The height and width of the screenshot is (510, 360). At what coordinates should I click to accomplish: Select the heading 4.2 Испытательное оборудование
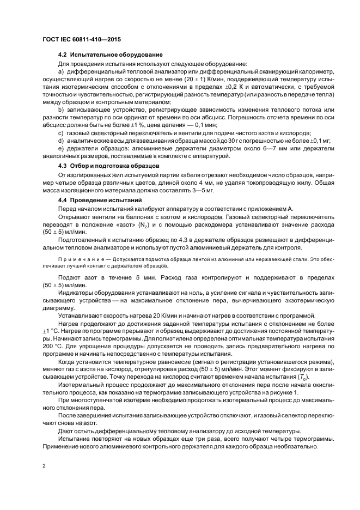point(109,55)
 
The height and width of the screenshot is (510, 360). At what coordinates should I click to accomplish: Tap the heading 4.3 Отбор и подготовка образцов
point(108,165)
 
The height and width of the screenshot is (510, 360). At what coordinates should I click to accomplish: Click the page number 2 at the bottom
point(44,466)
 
